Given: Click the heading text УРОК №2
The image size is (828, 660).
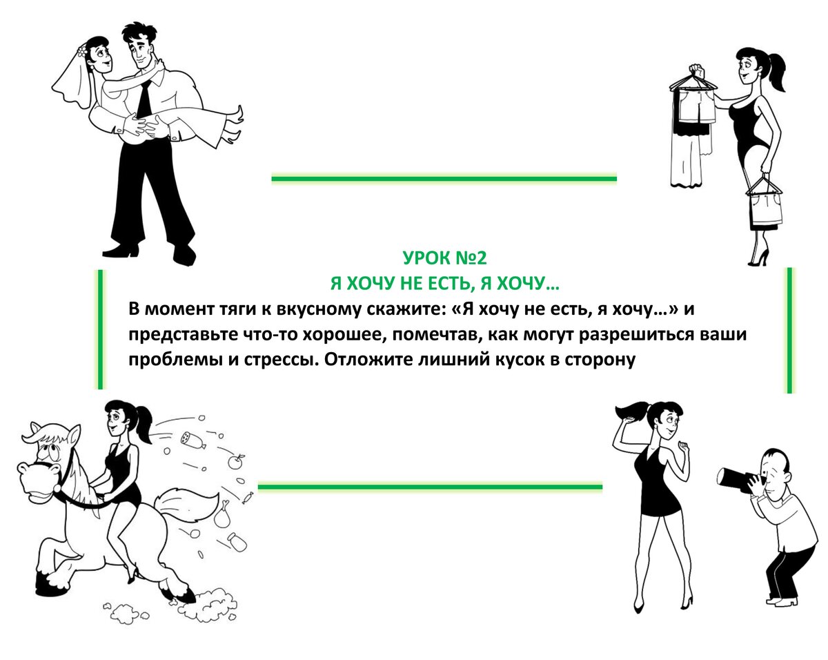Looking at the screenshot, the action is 444,258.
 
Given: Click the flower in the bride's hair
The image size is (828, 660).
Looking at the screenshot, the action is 81,51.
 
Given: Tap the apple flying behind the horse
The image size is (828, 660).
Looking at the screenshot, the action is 235,461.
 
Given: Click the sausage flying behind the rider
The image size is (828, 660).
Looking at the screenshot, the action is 193,440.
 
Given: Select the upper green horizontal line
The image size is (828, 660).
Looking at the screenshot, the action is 444,179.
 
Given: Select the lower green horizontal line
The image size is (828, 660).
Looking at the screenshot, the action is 430,487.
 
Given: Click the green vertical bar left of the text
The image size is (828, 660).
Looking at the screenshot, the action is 101,329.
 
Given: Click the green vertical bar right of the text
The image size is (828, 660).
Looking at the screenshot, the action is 789,331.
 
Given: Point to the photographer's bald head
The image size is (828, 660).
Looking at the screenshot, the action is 773,459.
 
